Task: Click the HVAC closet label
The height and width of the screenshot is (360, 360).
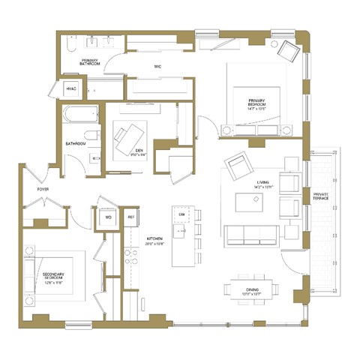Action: [x=72, y=89]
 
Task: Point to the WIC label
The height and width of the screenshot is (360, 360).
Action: [x=157, y=67]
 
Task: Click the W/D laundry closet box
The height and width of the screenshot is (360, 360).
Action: [x=109, y=217]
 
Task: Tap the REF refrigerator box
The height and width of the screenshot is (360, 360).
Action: [x=131, y=217]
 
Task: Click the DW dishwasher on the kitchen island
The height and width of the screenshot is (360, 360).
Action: [x=181, y=214]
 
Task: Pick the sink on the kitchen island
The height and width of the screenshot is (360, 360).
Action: [x=181, y=233]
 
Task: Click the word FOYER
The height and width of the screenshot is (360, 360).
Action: [x=43, y=190]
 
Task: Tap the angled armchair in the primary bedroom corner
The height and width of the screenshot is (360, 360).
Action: [x=289, y=50]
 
